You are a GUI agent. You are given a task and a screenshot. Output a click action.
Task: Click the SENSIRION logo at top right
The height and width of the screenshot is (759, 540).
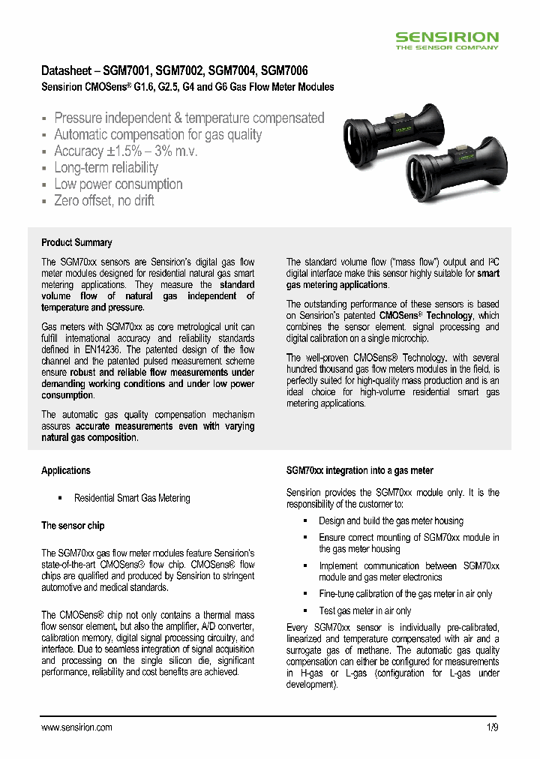coord(446,37)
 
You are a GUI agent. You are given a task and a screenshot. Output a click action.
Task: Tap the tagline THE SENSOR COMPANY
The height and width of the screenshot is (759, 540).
coord(446,47)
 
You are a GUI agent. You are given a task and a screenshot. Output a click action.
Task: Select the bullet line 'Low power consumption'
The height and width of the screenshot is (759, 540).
coord(118,184)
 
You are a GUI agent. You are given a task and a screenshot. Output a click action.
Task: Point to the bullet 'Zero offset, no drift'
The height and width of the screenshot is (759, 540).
coord(104,201)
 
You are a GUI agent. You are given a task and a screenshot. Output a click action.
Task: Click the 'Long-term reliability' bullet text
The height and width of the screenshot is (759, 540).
coord(106,168)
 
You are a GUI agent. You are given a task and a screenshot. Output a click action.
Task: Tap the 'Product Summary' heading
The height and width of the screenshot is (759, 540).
coord(76,242)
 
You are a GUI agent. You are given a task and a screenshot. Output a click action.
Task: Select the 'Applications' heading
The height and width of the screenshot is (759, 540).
coord(66,470)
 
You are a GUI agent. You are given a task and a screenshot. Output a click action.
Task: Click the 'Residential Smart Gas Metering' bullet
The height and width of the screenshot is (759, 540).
coord(132,498)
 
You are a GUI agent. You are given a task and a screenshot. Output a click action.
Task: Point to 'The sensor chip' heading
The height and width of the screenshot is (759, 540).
coord(73,526)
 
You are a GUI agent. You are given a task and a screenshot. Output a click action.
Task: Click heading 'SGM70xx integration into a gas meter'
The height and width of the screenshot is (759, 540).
coord(360,470)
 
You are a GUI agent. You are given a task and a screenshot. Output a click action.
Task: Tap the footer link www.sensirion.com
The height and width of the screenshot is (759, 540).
coord(76,727)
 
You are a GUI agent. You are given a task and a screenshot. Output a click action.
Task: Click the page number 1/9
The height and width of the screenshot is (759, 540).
coord(492,727)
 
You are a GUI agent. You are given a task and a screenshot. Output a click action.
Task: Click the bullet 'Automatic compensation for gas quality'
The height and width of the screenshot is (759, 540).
coord(157,135)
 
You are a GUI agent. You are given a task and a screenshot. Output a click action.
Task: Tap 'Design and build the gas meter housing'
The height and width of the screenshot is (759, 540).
coord(391,521)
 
